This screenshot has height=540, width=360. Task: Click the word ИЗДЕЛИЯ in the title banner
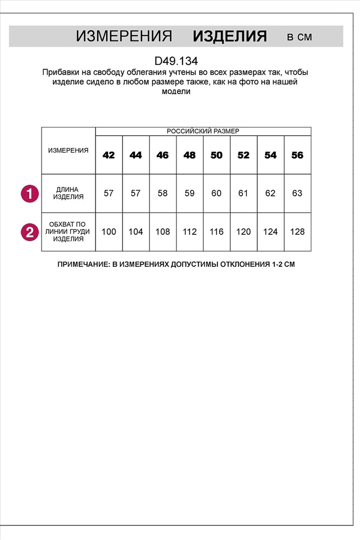[x=230, y=37]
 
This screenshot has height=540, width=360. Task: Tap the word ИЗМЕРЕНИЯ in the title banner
[x=124, y=37]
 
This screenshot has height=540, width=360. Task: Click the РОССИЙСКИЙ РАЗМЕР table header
[x=203, y=131]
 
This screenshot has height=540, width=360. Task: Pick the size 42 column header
[x=108, y=155]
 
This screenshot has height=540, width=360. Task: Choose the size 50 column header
[x=216, y=155]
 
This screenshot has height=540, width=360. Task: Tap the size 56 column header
[x=297, y=155]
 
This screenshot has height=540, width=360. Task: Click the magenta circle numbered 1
[x=30, y=193]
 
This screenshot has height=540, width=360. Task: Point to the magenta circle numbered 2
[x=30, y=232]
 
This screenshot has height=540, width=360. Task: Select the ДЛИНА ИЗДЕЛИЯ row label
[x=68, y=193]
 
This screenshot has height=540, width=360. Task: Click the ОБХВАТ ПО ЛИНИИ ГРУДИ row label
[x=68, y=232]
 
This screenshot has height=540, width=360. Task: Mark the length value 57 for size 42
[x=108, y=193]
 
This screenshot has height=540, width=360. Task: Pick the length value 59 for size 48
[x=189, y=193]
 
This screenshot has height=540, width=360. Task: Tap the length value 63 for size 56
[x=297, y=193]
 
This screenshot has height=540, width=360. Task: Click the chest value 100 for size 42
[x=108, y=232]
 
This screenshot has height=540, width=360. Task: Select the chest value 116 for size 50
[x=216, y=232]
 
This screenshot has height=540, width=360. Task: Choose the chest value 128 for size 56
[x=297, y=232]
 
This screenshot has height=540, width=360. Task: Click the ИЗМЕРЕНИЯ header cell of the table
[x=68, y=151]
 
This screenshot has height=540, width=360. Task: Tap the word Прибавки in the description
[x=59, y=72]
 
